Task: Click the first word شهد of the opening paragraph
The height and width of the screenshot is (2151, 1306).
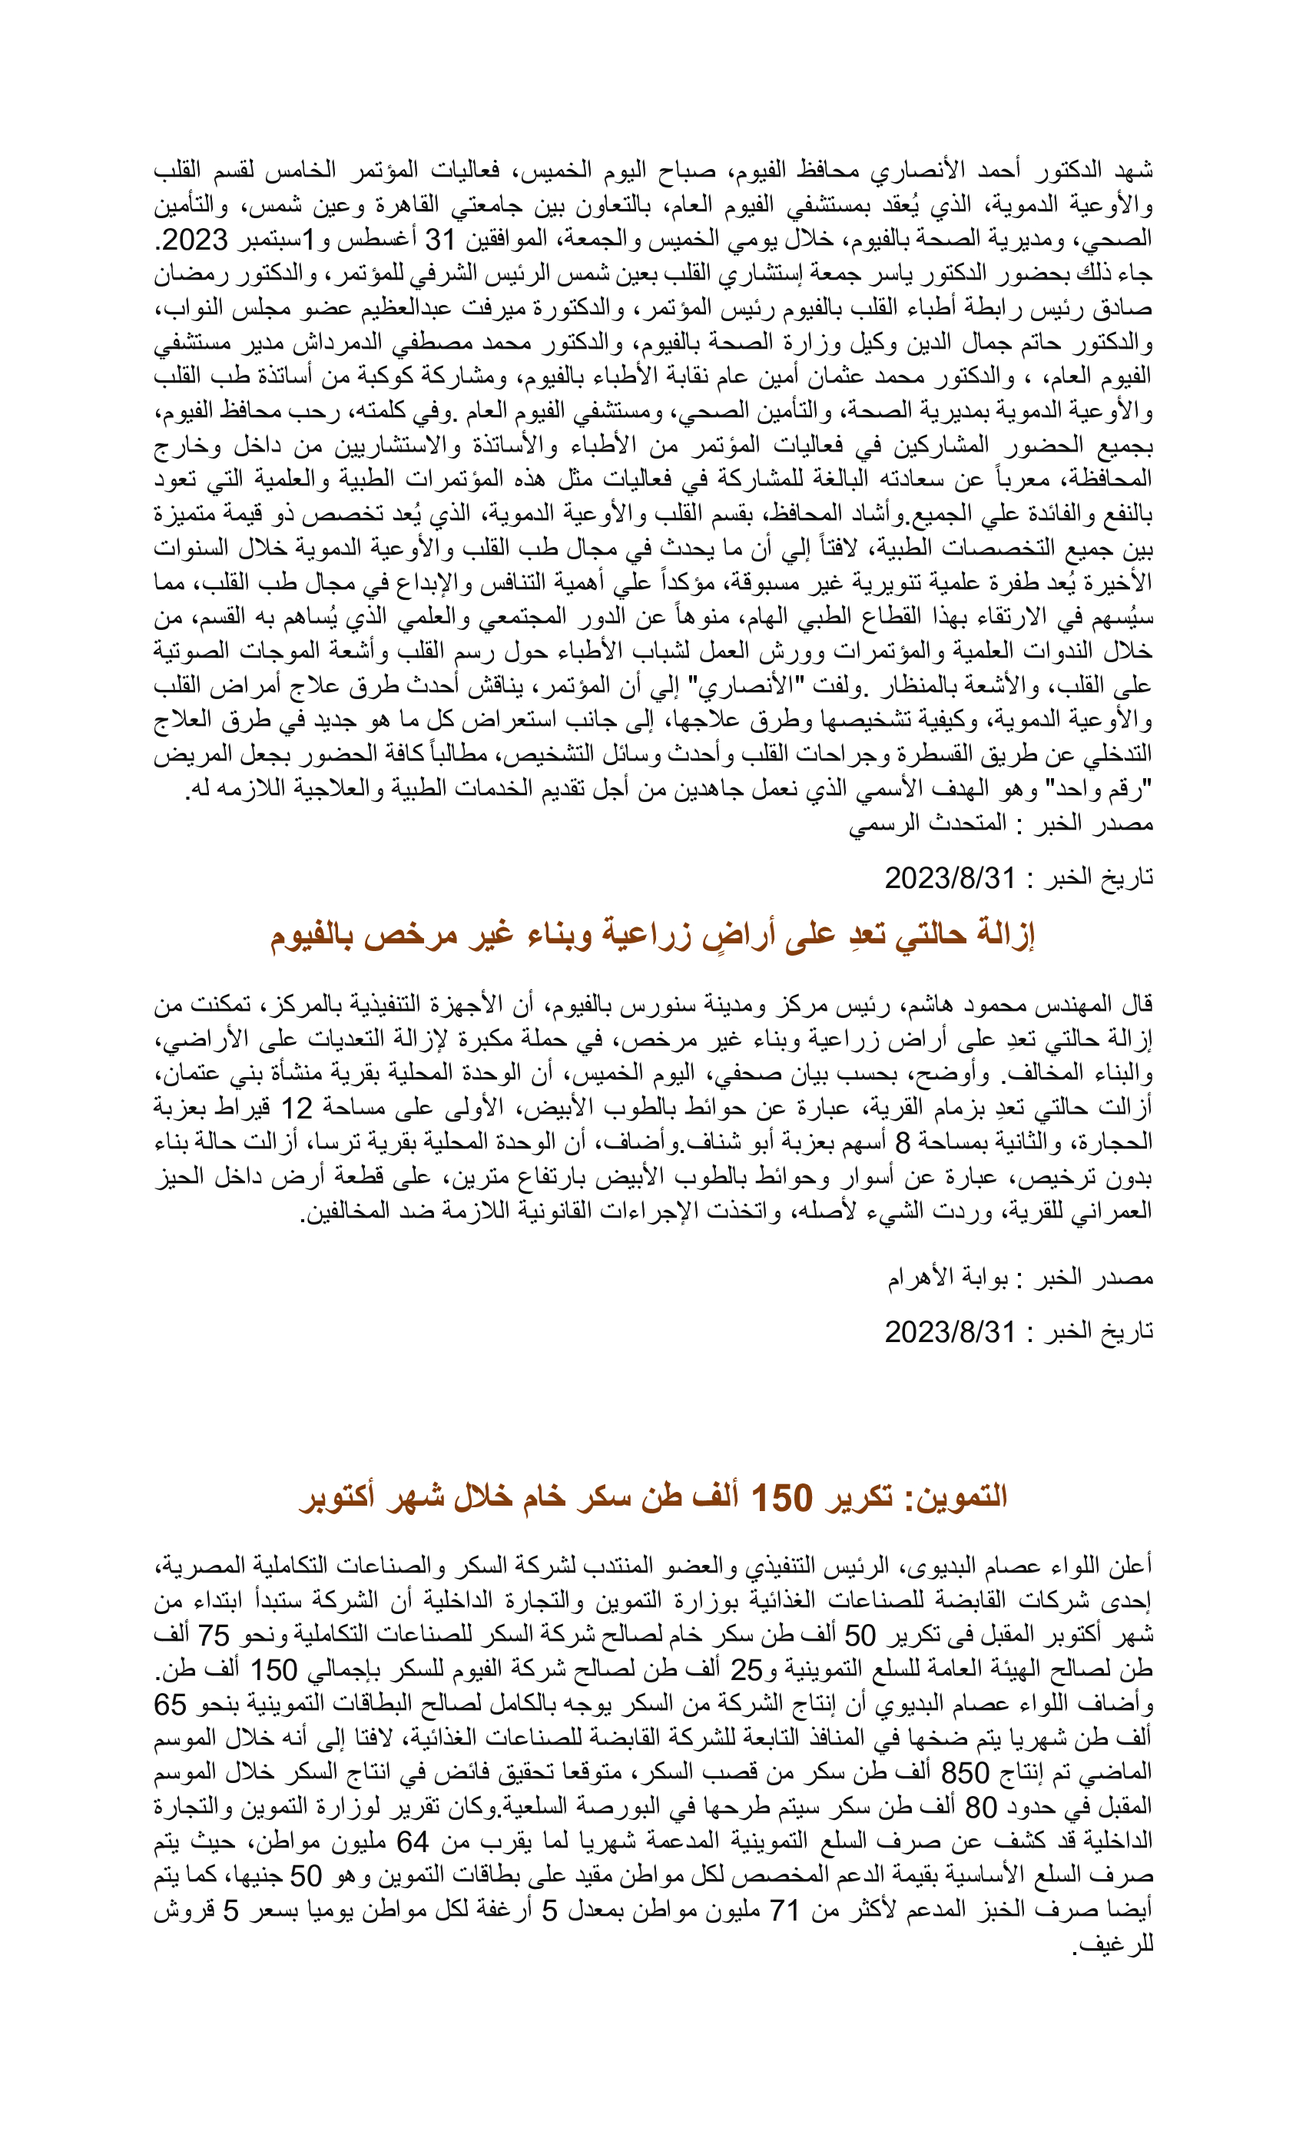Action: pos(1132,169)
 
